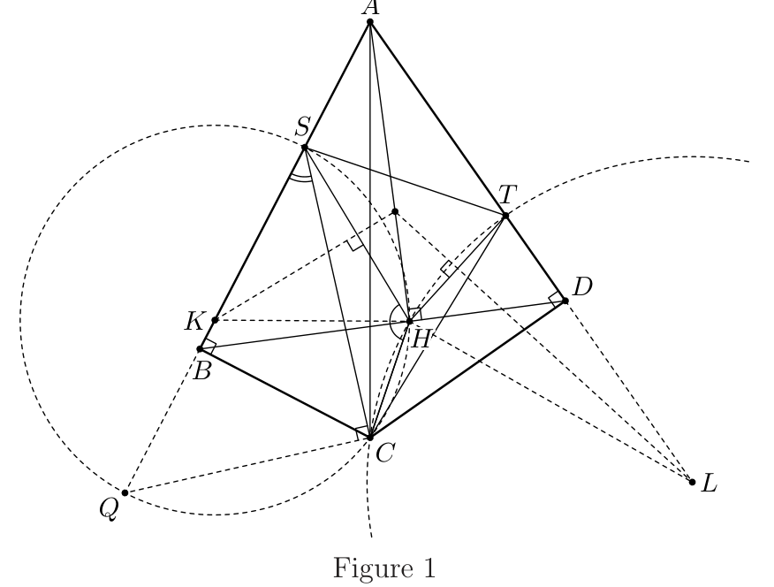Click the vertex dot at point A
[370, 22]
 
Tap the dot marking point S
[305, 147]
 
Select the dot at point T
[505, 216]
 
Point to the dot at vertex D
[565, 301]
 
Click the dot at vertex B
[200, 349]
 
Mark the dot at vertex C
[370, 437]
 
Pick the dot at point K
[215, 320]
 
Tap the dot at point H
[409, 322]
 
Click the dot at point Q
[125, 492]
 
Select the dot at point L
[692, 483]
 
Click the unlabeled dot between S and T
[395, 212]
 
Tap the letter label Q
[109, 508]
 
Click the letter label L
[709, 483]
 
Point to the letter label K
[193, 322]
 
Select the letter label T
[507, 194]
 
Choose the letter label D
[582, 286]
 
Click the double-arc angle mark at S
[301, 179]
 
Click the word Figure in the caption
[367, 568]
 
